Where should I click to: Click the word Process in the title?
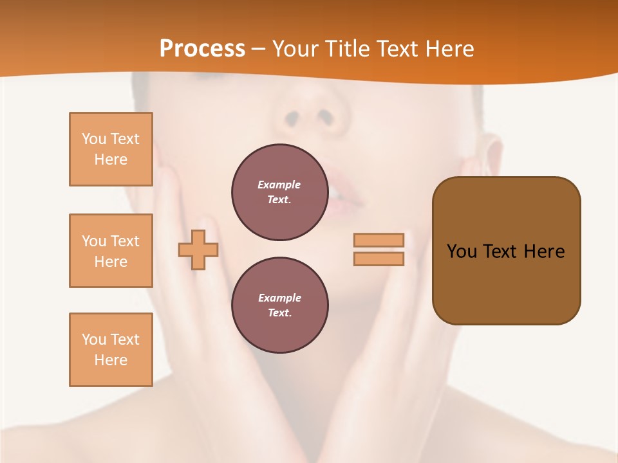[202, 49]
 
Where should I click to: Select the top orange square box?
[111, 149]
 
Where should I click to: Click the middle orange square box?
[111, 251]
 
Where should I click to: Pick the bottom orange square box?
[111, 350]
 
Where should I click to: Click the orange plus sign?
[198, 250]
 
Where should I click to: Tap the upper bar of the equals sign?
[379, 240]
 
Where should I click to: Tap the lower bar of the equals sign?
[379, 259]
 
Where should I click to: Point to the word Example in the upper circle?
[279, 185]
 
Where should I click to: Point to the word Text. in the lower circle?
[279, 313]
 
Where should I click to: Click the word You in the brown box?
[462, 251]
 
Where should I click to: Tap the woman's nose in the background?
[310, 109]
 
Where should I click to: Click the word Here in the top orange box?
[111, 159]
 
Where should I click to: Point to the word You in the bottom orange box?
[94, 340]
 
